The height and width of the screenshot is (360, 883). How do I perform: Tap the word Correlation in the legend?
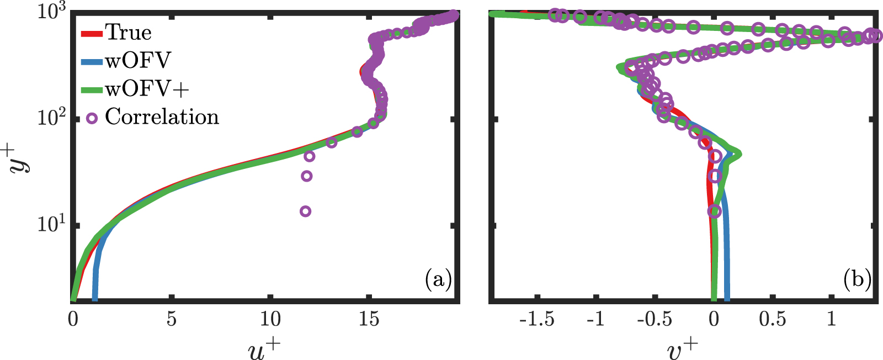pos(162,117)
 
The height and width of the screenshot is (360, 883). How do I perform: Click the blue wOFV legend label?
pos(138,60)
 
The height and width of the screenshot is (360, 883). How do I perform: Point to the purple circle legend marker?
pos(92,118)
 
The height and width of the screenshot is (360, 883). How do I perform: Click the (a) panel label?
pos(439,280)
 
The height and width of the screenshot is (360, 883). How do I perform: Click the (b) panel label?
pos(857,280)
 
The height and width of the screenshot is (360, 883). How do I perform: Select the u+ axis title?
pos(265,350)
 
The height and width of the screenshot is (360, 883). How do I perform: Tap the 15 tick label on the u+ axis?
pos(369,319)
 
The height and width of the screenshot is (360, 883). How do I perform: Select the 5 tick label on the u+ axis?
pos(172,319)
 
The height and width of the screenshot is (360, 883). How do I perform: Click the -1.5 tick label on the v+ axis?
pos(536,319)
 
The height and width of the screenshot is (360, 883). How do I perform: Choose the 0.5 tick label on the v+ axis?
pos(772,319)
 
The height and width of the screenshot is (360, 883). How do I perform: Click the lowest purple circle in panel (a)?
pos(305,211)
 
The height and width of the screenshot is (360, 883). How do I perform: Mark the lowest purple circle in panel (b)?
pos(715,211)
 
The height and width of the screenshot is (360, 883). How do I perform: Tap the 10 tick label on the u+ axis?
pos(270,319)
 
